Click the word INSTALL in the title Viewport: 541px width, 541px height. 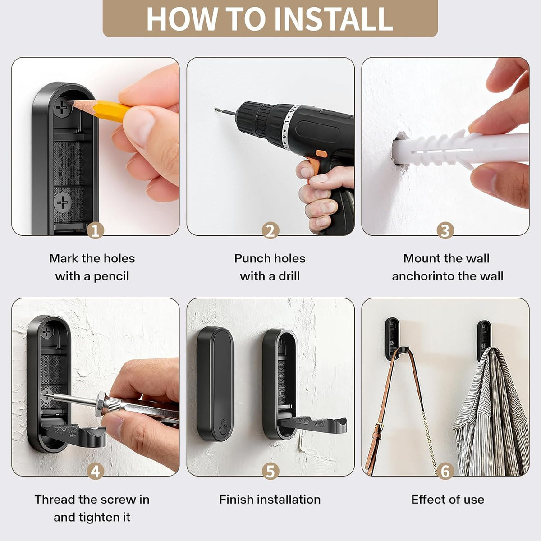pos(333,18)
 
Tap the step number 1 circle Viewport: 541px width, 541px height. pos(95,231)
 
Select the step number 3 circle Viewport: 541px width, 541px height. pos(445,231)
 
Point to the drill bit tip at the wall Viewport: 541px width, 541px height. pos(215,109)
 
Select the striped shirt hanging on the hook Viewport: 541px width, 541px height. pos(491,413)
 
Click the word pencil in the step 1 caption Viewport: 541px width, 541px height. pos(111,277)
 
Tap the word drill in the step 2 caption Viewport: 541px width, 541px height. pos(289,276)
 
